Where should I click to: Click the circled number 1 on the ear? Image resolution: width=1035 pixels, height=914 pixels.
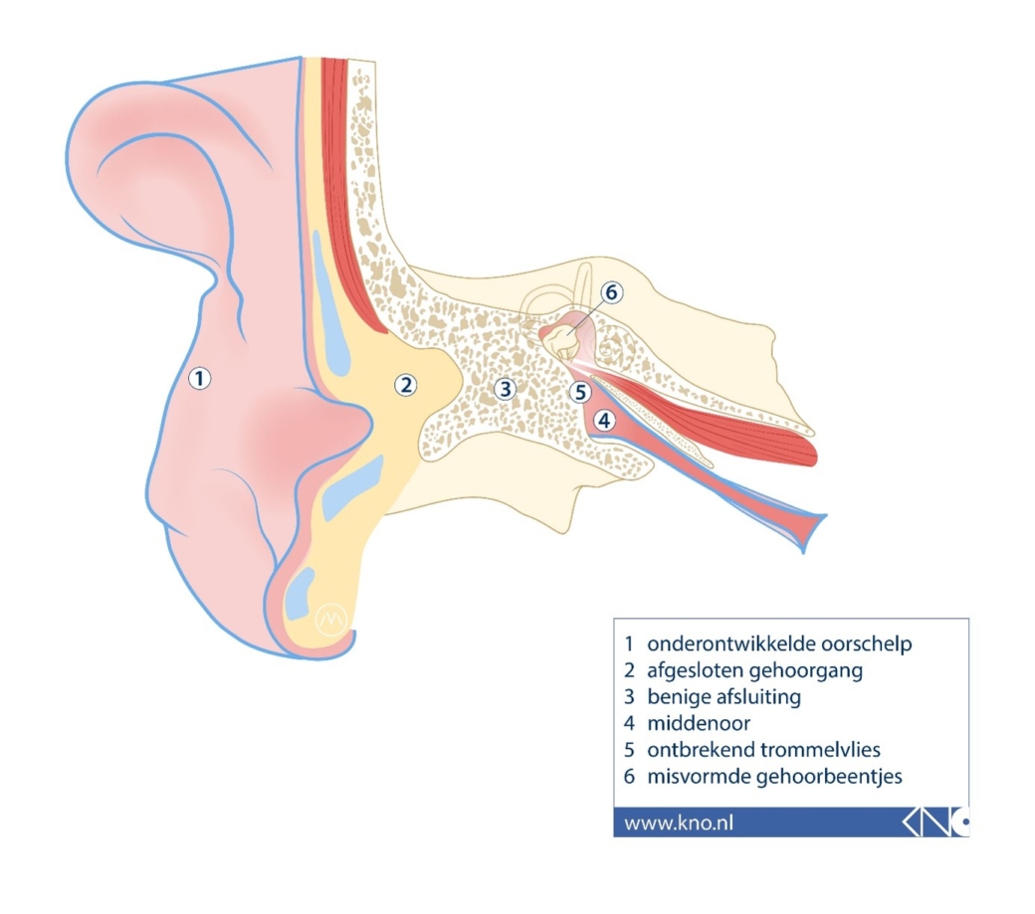point(199,379)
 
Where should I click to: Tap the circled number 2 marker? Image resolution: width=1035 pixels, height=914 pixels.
point(405,385)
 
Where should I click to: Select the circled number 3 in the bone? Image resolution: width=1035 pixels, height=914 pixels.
point(505,389)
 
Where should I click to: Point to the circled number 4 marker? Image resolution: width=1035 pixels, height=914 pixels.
point(604,420)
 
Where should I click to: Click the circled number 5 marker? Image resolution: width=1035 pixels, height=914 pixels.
point(580,392)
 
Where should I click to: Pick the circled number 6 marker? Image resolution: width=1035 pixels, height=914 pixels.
point(612,292)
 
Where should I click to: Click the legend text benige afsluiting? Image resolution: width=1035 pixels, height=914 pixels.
point(724,697)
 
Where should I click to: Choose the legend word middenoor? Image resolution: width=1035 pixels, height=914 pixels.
point(699,723)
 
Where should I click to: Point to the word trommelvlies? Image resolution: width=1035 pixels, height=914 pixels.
point(820,750)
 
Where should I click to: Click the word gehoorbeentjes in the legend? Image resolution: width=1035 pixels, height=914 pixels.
point(829,777)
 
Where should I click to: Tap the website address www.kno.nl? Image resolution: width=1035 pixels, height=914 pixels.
point(679,823)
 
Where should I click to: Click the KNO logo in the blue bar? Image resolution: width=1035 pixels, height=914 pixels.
point(935,823)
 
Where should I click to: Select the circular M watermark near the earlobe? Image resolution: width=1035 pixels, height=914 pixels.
point(331,620)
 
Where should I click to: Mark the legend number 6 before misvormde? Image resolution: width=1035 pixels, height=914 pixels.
point(629,777)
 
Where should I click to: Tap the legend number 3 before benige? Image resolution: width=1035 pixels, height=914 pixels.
point(629,697)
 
